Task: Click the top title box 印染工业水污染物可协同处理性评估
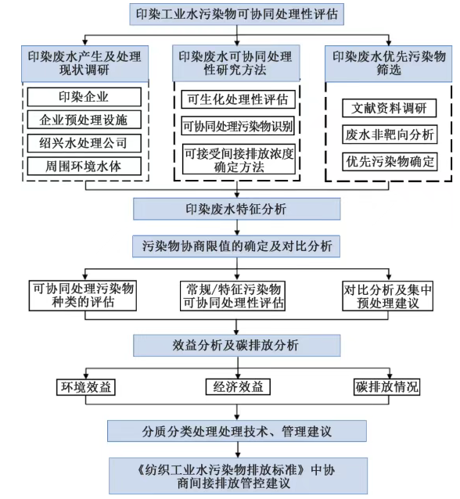coord(236,14)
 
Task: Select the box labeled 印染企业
coord(84,97)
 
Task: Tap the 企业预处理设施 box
coord(84,120)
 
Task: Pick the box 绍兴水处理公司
coord(84,143)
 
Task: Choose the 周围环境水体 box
coord(84,166)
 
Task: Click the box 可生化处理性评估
coord(238,99)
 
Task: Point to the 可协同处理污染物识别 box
coord(238,126)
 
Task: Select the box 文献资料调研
coord(389,108)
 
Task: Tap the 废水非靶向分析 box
coord(390,135)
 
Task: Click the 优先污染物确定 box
coord(390,162)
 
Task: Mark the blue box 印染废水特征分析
coord(236,209)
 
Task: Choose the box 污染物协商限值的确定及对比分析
coord(236,246)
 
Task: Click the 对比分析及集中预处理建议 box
coord(388,296)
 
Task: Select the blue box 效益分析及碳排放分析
coord(236,345)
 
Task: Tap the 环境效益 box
coord(85,387)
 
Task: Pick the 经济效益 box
coord(238,387)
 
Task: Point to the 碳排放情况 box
coord(386,387)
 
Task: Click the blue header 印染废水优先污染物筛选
coord(389,63)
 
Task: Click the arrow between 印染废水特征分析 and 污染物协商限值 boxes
coord(237,228)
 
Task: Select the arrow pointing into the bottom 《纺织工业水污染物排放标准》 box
coord(237,450)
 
